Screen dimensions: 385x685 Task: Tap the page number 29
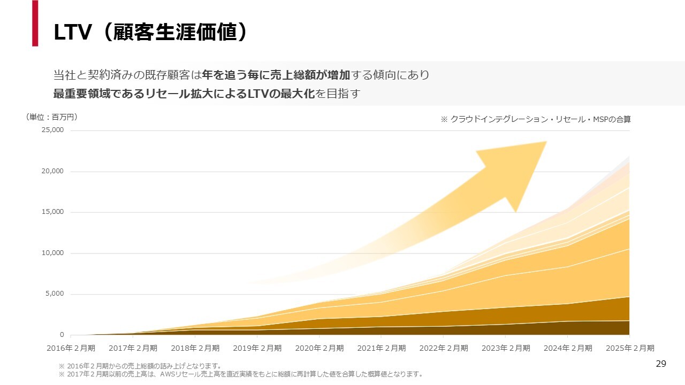[x=661, y=364]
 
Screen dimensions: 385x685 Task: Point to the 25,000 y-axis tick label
[x=52, y=130]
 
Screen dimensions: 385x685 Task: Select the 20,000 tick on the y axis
[x=52, y=171]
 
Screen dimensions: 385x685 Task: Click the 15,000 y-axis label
[x=52, y=212]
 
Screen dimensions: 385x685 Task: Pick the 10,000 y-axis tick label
[x=52, y=253]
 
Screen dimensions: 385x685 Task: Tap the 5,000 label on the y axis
[x=54, y=294]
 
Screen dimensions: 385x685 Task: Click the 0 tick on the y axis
[x=62, y=335]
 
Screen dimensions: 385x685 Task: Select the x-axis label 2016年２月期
[x=71, y=348]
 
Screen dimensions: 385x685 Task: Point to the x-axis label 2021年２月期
[x=381, y=348]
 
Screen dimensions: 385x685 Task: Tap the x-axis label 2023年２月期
[x=505, y=348]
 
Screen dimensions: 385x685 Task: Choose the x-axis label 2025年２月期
[x=629, y=348]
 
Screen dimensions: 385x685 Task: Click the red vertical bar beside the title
[x=35, y=23]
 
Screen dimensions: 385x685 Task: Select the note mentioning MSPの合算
[x=535, y=120]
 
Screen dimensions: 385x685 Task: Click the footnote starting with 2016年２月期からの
[x=140, y=366]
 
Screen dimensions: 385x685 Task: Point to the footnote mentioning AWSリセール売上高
[x=241, y=374]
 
